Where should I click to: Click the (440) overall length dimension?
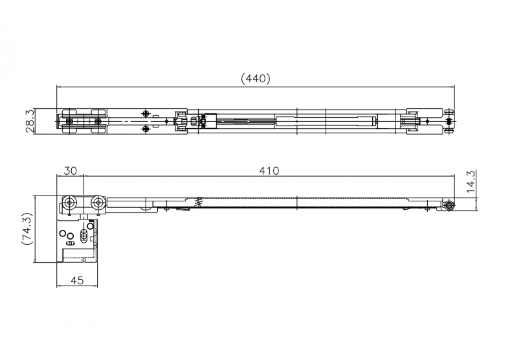[x=256, y=78]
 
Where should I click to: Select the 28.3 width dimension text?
[x=30, y=121]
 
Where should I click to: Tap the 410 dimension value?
[x=269, y=170]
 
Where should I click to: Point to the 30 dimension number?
[x=71, y=170]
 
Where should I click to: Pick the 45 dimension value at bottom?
[x=77, y=280]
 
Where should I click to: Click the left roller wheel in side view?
[x=69, y=203]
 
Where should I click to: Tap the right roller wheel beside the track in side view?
[x=98, y=203]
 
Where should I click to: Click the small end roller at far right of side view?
[x=449, y=205]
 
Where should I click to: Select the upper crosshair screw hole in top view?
[x=146, y=113]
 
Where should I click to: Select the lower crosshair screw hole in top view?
[x=146, y=129]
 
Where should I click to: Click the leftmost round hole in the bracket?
[x=62, y=233]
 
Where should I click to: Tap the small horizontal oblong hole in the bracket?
[x=69, y=243]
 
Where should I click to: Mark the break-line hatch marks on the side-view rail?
[x=199, y=201]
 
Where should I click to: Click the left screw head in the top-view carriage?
[x=69, y=122]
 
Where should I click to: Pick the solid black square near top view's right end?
[x=449, y=122]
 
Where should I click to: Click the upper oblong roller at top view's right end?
[x=449, y=111]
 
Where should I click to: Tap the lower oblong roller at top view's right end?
[x=449, y=131]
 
